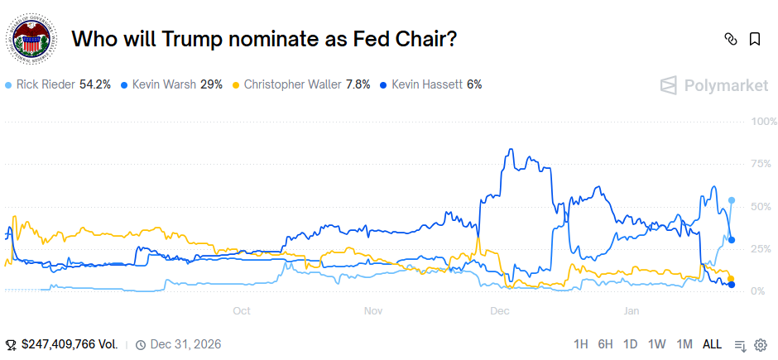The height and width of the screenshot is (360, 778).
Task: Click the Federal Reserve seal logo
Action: [x=31, y=40]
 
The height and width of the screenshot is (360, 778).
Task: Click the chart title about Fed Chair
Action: [x=265, y=39]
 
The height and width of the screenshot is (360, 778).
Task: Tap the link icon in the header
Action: [x=730, y=39]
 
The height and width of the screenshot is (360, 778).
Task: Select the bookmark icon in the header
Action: [x=755, y=39]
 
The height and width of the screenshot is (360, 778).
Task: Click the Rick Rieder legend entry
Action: [x=58, y=84]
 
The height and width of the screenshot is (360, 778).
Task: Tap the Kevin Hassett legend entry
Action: [x=430, y=84]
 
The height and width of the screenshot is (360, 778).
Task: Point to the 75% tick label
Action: [x=761, y=164]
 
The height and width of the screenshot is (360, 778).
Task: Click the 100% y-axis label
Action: [x=758, y=122]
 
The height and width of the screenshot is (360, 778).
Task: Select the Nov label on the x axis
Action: [x=372, y=311]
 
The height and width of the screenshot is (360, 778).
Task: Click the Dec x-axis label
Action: [x=499, y=311]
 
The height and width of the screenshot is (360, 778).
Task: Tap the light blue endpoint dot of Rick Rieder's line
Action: [x=732, y=200]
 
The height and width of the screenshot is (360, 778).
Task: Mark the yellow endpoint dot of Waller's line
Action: [x=731, y=279]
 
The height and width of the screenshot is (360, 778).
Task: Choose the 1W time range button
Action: [x=657, y=344]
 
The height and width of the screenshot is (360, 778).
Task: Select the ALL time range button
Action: [x=712, y=344]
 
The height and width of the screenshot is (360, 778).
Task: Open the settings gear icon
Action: [x=761, y=344]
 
